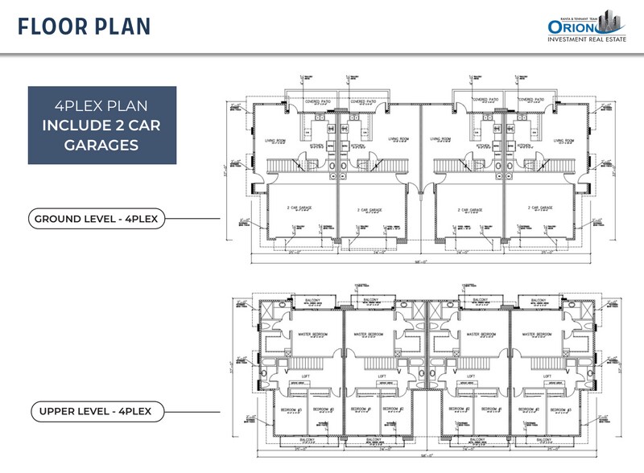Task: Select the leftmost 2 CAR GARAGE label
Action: [x=298, y=208]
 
